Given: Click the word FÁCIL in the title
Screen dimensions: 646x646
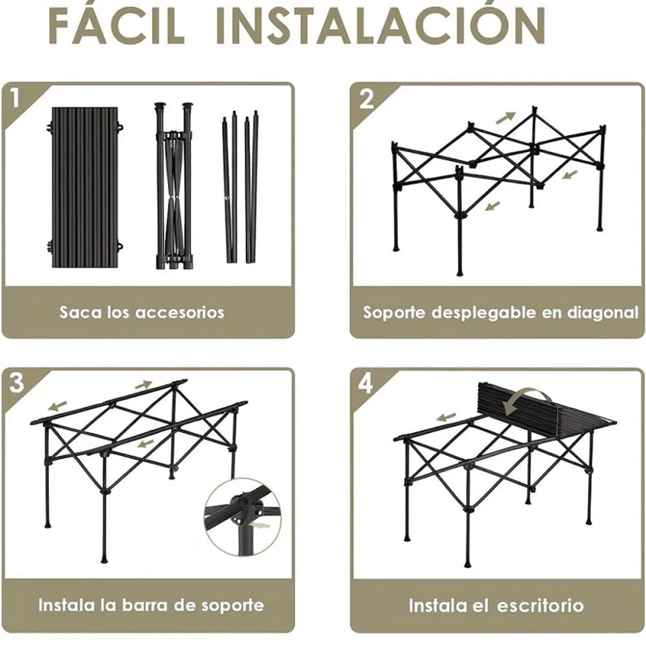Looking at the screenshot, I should point(116,26).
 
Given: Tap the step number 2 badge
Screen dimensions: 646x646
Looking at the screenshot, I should point(366,99).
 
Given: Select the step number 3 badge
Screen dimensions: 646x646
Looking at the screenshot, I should point(17,383).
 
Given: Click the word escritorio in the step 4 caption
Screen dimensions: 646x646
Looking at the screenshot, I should point(539,605).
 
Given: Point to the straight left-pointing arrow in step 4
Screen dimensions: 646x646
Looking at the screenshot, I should point(446,416).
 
